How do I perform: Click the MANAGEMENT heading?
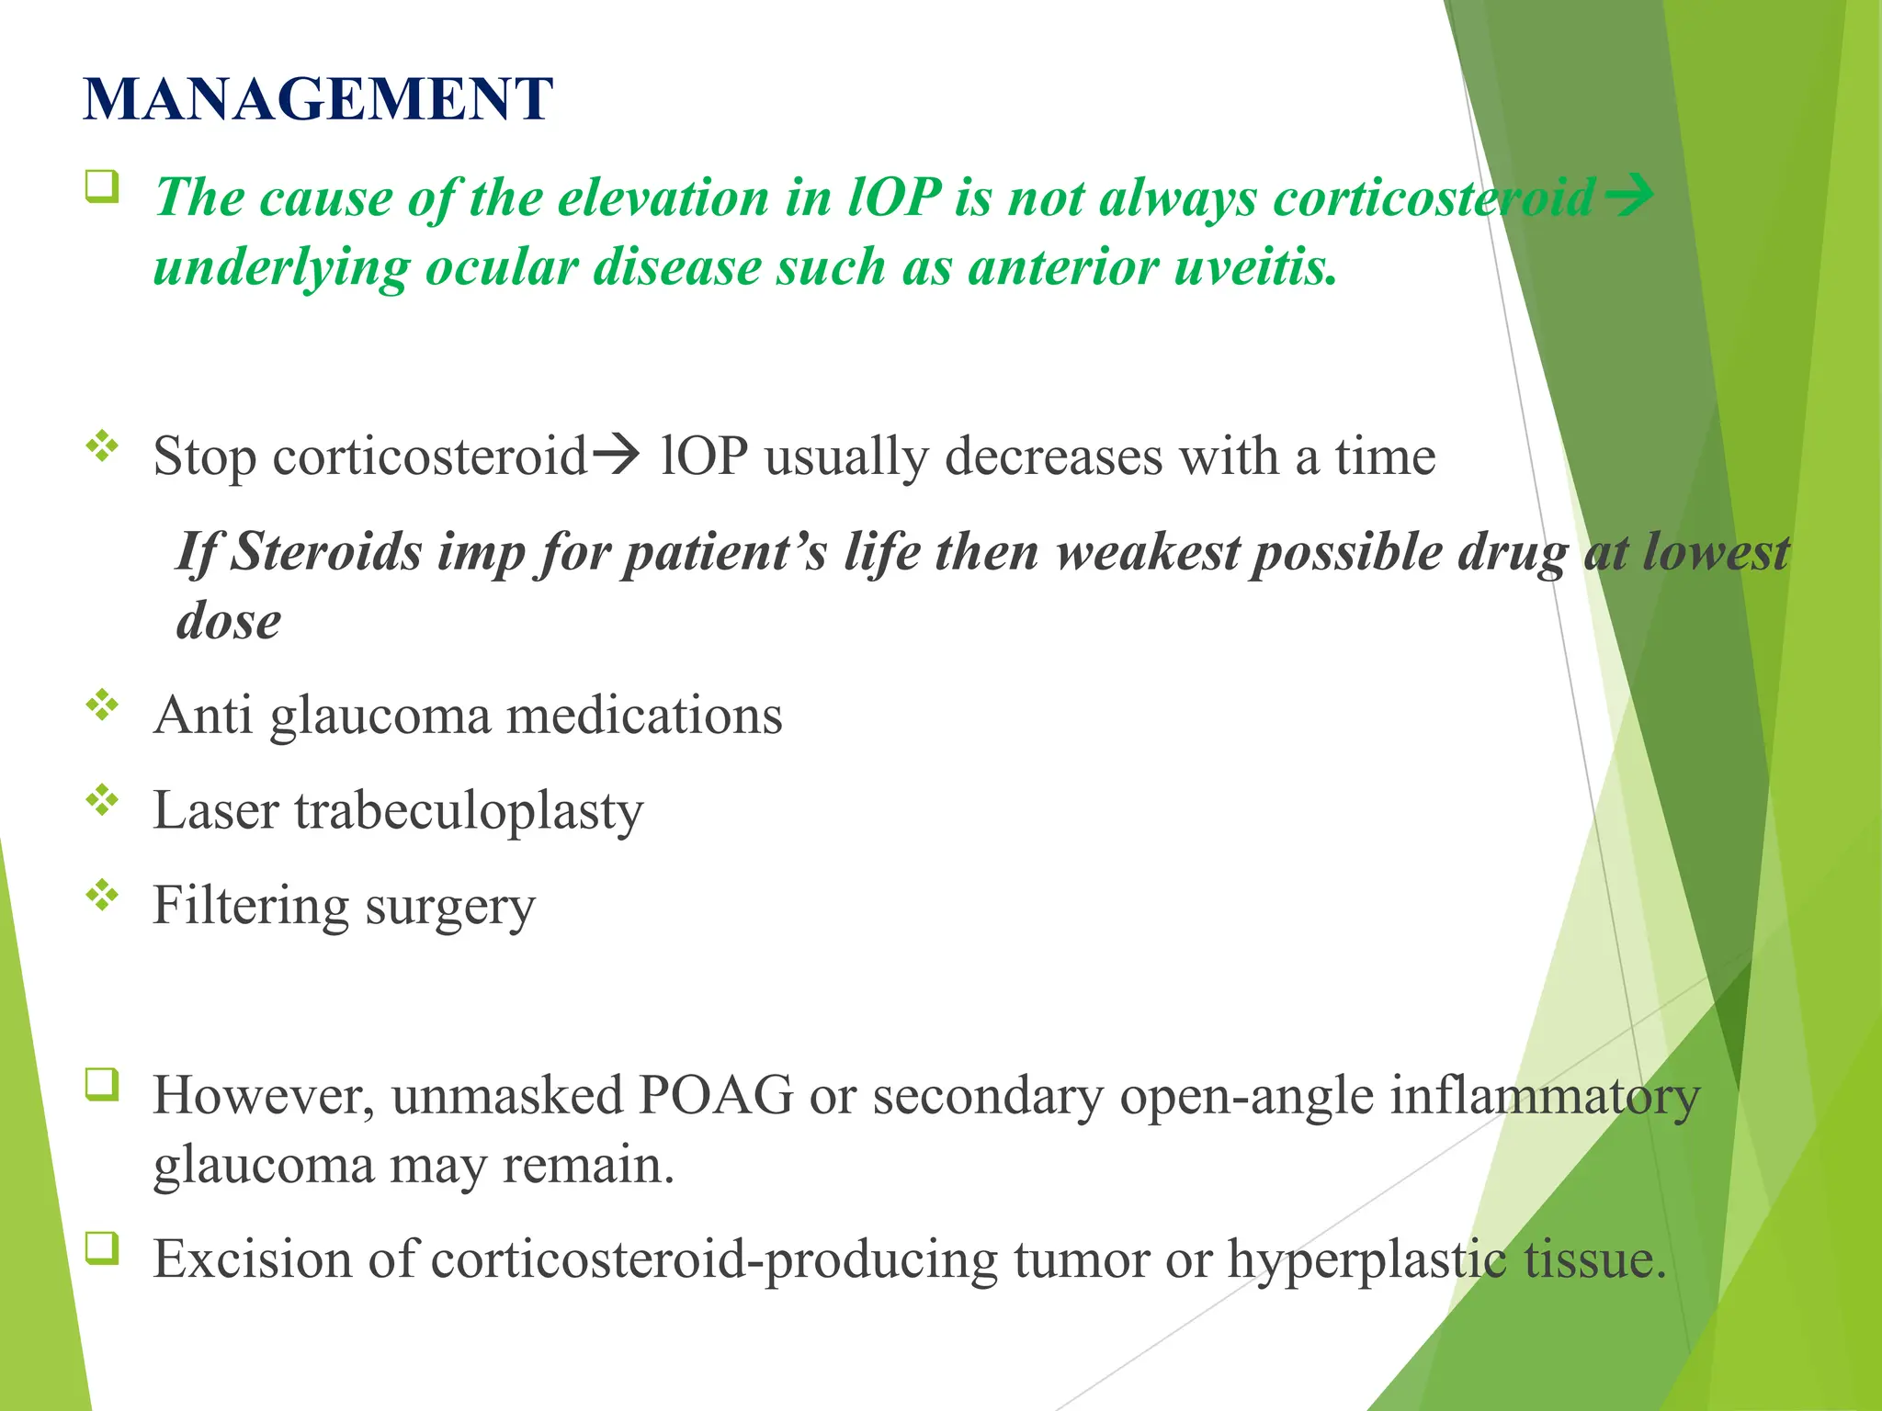click(x=318, y=99)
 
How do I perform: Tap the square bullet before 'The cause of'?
click(x=102, y=186)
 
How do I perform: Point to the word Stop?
click(x=204, y=457)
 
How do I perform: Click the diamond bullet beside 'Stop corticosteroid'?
click(x=102, y=446)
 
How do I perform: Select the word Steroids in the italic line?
click(x=325, y=552)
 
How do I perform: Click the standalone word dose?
click(x=229, y=621)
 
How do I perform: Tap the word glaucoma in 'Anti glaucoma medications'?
click(x=380, y=716)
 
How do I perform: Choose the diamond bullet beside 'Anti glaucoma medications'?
click(x=102, y=705)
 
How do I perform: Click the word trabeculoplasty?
click(x=469, y=811)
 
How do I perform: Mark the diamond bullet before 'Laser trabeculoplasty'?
click(x=102, y=800)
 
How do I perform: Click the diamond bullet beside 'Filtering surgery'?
click(x=102, y=895)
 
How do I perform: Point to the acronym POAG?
click(x=716, y=1095)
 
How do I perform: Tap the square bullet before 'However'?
click(x=102, y=1084)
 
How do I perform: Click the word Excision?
click(x=252, y=1259)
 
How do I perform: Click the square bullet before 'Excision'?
click(x=102, y=1247)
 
